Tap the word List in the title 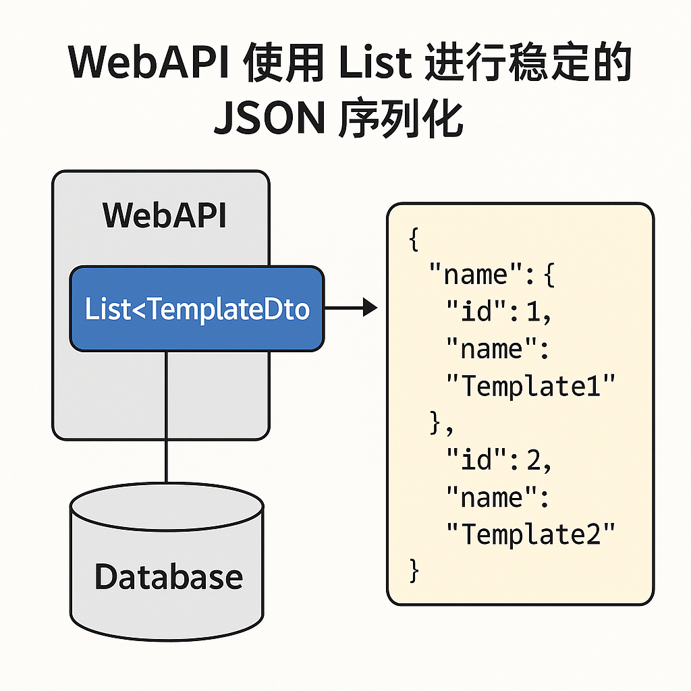coord(375,63)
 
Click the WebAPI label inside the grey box coord(164,216)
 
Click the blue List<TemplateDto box coord(196,309)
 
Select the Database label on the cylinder coord(168,577)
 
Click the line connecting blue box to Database coord(165,418)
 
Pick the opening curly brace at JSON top coord(414,239)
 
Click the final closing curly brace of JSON coord(414,571)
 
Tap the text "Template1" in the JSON coord(531,387)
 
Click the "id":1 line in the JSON coord(499,312)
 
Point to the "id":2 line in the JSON coord(499,461)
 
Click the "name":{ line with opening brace coord(491,275)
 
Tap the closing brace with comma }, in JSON coord(442,423)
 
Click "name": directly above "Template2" coord(497,498)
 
